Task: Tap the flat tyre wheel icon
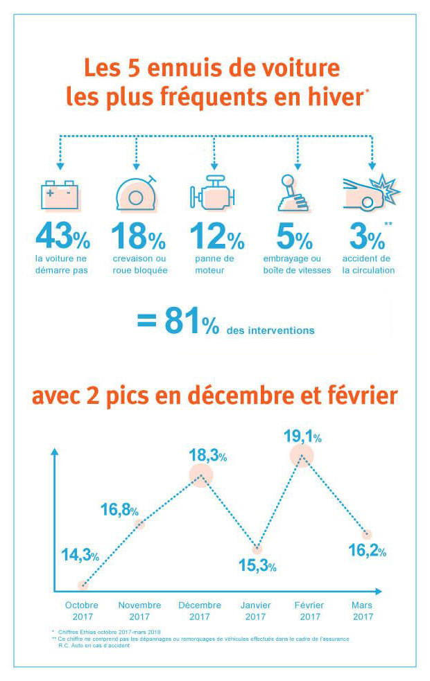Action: tap(137, 193)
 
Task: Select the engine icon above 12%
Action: tap(213, 194)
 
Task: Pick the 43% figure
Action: tap(62, 237)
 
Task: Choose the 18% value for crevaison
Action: tap(138, 237)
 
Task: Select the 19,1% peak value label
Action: tap(302, 436)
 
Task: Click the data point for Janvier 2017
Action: tap(257, 549)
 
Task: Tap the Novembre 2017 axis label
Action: tap(139, 610)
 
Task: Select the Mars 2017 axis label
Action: tap(362, 610)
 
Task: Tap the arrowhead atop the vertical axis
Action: tap(54, 452)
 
